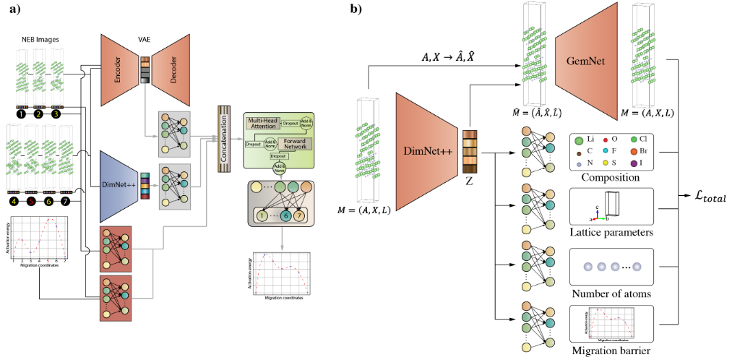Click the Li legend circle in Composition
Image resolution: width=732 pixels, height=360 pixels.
click(579, 138)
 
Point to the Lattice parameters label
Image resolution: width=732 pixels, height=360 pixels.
click(611, 233)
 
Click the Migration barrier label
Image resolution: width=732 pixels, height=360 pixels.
click(611, 351)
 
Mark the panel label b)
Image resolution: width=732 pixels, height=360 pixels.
click(355, 9)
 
